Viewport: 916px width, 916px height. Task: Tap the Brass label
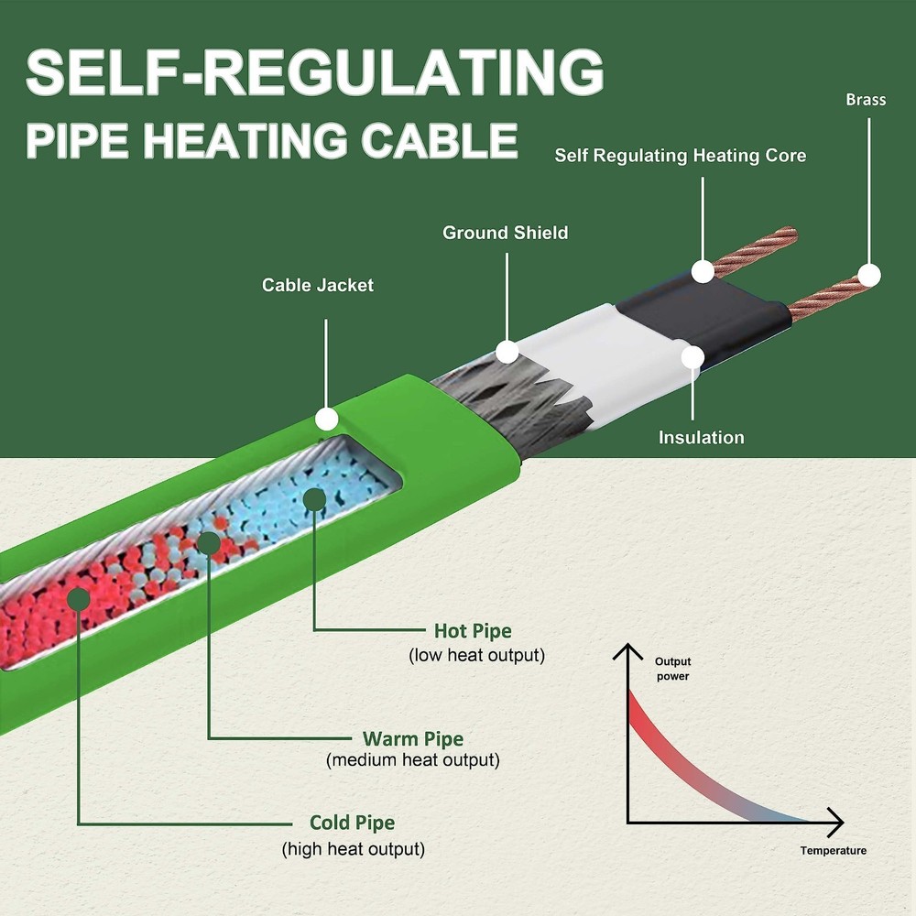pos(866,99)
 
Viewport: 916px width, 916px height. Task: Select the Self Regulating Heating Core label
pos(680,156)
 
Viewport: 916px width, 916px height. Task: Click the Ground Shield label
pos(505,233)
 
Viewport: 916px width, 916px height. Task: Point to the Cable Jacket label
pos(318,285)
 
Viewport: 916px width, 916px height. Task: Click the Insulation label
pos(701,437)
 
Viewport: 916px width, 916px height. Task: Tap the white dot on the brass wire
pos(868,275)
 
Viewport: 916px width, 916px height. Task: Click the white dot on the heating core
pos(703,271)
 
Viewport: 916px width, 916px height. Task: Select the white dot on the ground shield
pos(507,351)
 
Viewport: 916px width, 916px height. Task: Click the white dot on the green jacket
pos(326,420)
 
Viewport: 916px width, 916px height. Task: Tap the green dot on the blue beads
pos(315,499)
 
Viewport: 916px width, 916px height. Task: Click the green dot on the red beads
pos(79,599)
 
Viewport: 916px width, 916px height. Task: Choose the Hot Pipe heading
pos(473,631)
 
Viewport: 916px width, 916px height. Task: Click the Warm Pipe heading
pos(413,738)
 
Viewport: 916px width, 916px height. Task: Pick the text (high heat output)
pos(354,849)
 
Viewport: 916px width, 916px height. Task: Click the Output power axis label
pos(672,669)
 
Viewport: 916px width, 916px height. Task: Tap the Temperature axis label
pos(833,850)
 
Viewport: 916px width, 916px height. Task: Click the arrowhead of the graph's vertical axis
pos(628,651)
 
